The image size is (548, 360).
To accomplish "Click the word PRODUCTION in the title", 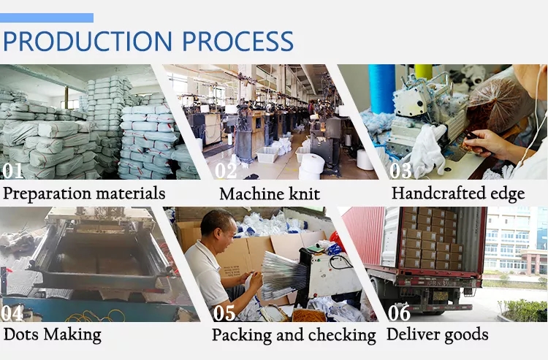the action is (x=88, y=41).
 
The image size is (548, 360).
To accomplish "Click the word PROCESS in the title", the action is (x=237, y=41).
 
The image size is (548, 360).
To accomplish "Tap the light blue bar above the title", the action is (x=47, y=18).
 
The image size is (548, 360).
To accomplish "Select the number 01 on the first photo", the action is (x=13, y=170).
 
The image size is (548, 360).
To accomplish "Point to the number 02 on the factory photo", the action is (x=226, y=170).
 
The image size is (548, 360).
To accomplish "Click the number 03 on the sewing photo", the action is (x=400, y=170).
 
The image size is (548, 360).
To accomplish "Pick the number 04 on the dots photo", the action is (x=12, y=313).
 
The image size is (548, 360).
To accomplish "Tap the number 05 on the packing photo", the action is (x=224, y=313).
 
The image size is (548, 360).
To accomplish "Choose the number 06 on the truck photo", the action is (x=399, y=313).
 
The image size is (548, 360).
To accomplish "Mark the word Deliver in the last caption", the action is (x=408, y=334).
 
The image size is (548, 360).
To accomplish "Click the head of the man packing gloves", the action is (x=218, y=229).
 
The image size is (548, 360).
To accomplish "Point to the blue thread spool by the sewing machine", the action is (x=381, y=88).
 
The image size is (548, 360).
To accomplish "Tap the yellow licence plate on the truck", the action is (x=441, y=296).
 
